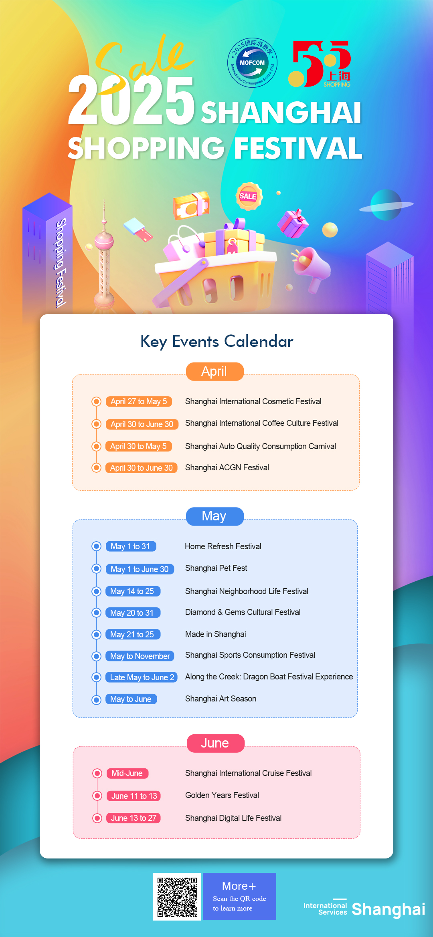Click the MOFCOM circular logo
252,62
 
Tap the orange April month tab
215,371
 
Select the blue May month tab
215,516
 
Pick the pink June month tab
216,743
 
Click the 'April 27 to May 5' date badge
139,401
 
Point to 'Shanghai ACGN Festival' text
227,467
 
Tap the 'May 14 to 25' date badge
133,591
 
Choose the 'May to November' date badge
140,656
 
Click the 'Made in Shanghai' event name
216,634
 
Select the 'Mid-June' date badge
127,773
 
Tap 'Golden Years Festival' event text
222,795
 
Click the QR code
177,897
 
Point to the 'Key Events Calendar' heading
216,341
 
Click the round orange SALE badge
249,196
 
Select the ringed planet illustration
386,205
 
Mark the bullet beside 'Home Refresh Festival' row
96,546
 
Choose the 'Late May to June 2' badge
142,677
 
